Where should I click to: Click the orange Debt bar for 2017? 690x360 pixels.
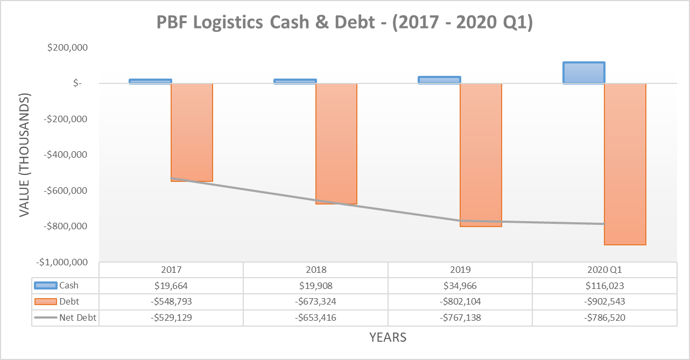pos(192,132)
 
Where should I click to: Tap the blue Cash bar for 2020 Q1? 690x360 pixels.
pos(584,73)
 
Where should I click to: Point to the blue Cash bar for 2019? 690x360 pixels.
pos(439,80)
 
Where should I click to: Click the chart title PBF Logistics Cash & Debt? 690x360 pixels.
pos(344,23)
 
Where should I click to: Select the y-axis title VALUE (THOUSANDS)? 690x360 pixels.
pos(25,155)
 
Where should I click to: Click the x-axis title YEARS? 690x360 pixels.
pos(388,338)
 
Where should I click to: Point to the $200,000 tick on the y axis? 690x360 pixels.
pos(67,48)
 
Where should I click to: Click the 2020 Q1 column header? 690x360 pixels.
pos(604,270)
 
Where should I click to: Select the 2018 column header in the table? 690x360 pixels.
pos(315,270)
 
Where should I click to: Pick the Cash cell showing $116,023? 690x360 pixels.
pos(604,286)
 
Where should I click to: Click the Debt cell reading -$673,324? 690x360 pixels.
pos(315,302)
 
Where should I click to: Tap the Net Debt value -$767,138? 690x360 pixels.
pos(460,318)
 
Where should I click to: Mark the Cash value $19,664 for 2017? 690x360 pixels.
pos(171,286)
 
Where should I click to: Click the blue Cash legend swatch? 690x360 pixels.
pos(45,286)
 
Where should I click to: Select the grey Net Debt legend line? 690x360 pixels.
pos(45,318)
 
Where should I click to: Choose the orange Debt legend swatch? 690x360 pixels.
pos(45,302)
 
